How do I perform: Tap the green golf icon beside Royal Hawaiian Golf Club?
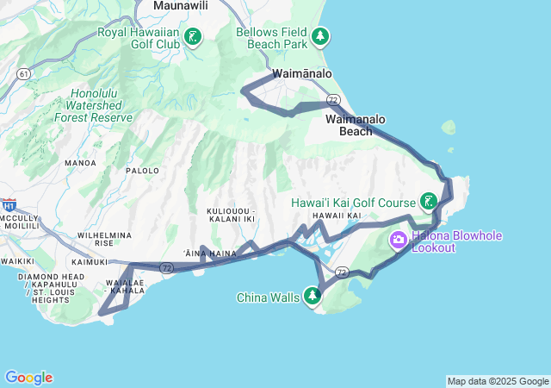pos(193,37)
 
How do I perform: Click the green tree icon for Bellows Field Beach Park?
pos(320,37)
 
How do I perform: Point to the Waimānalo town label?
pos(301,74)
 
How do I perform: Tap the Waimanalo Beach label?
pos(356,125)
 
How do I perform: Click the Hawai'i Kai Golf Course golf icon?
pos(427,203)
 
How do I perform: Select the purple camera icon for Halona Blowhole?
pos(399,240)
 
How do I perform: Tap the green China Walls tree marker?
pos(313,297)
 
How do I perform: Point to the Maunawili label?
pos(182,6)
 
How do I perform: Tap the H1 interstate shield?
pos(9,206)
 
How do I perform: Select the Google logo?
pos(28,378)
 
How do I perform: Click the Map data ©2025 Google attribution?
pos(498,381)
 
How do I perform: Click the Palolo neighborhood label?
pos(143,171)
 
